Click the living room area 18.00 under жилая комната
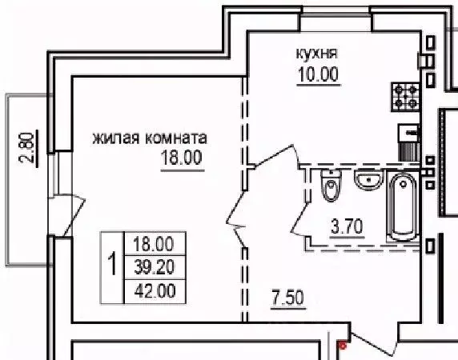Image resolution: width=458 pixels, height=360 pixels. (x=181, y=157)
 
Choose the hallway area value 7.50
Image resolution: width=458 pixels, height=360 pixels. (x=287, y=301)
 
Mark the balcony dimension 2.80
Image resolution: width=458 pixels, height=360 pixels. (x=26, y=150)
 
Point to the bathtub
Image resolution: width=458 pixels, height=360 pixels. (x=401, y=206)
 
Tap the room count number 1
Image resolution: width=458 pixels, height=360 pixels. (x=113, y=264)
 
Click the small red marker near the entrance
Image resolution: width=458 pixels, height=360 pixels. (x=342, y=346)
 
